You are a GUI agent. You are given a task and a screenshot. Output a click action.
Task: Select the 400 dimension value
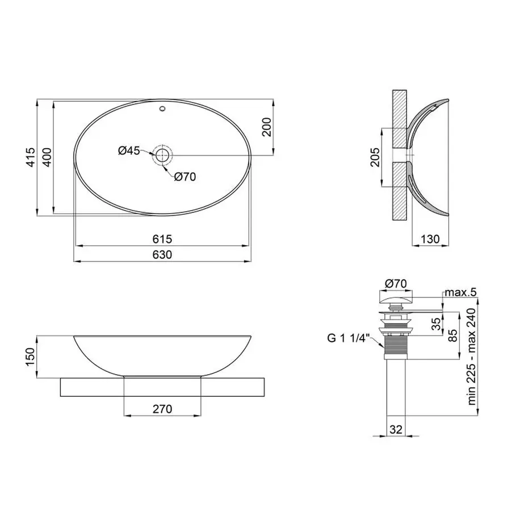pyautogui.click(x=48, y=157)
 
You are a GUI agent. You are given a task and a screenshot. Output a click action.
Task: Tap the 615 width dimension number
pyautogui.click(x=162, y=239)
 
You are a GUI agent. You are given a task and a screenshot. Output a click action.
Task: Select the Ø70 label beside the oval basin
pyautogui.click(x=185, y=177)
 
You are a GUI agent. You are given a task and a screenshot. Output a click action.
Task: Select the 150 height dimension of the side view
pyautogui.click(x=32, y=357)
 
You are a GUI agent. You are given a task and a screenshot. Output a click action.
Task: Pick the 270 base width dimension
pyautogui.click(x=162, y=409)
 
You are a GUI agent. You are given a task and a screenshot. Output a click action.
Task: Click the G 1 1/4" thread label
pyautogui.click(x=348, y=339)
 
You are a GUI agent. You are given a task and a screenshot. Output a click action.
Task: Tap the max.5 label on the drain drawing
pyautogui.click(x=460, y=292)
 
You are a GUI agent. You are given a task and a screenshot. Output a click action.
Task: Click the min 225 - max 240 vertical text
pyautogui.click(x=471, y=357)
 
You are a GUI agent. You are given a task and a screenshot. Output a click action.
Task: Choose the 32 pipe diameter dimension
pyautogui.click(x=396, y=429)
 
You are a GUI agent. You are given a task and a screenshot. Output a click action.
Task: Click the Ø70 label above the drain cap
pyautogui.click(x=396, y=282)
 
